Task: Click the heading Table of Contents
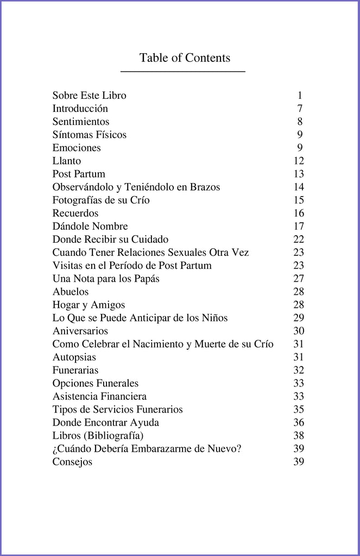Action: point(185,58)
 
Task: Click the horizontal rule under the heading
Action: point(182,71)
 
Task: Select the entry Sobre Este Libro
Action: point(89,96)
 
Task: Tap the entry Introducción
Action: point(80,109)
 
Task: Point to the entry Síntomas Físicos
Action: point(89,135)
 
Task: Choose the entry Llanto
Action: point(66,161)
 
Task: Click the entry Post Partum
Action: point(79,174)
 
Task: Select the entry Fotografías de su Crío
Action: point(101,200)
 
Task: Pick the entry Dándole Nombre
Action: point(90,226)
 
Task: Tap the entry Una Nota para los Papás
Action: point(106,279)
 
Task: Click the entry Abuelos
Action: point(70,292)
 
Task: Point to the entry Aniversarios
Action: point(80,331)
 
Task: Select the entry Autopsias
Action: point(74,357)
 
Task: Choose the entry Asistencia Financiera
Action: point(99,396)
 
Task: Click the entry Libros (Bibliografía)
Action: point(98,435)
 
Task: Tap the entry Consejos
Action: point(72,462)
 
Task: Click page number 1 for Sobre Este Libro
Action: point(300,96)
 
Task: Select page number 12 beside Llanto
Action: point(299,161)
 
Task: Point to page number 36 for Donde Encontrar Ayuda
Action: point(299,422)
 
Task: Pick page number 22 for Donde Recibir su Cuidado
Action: point(299,239)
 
